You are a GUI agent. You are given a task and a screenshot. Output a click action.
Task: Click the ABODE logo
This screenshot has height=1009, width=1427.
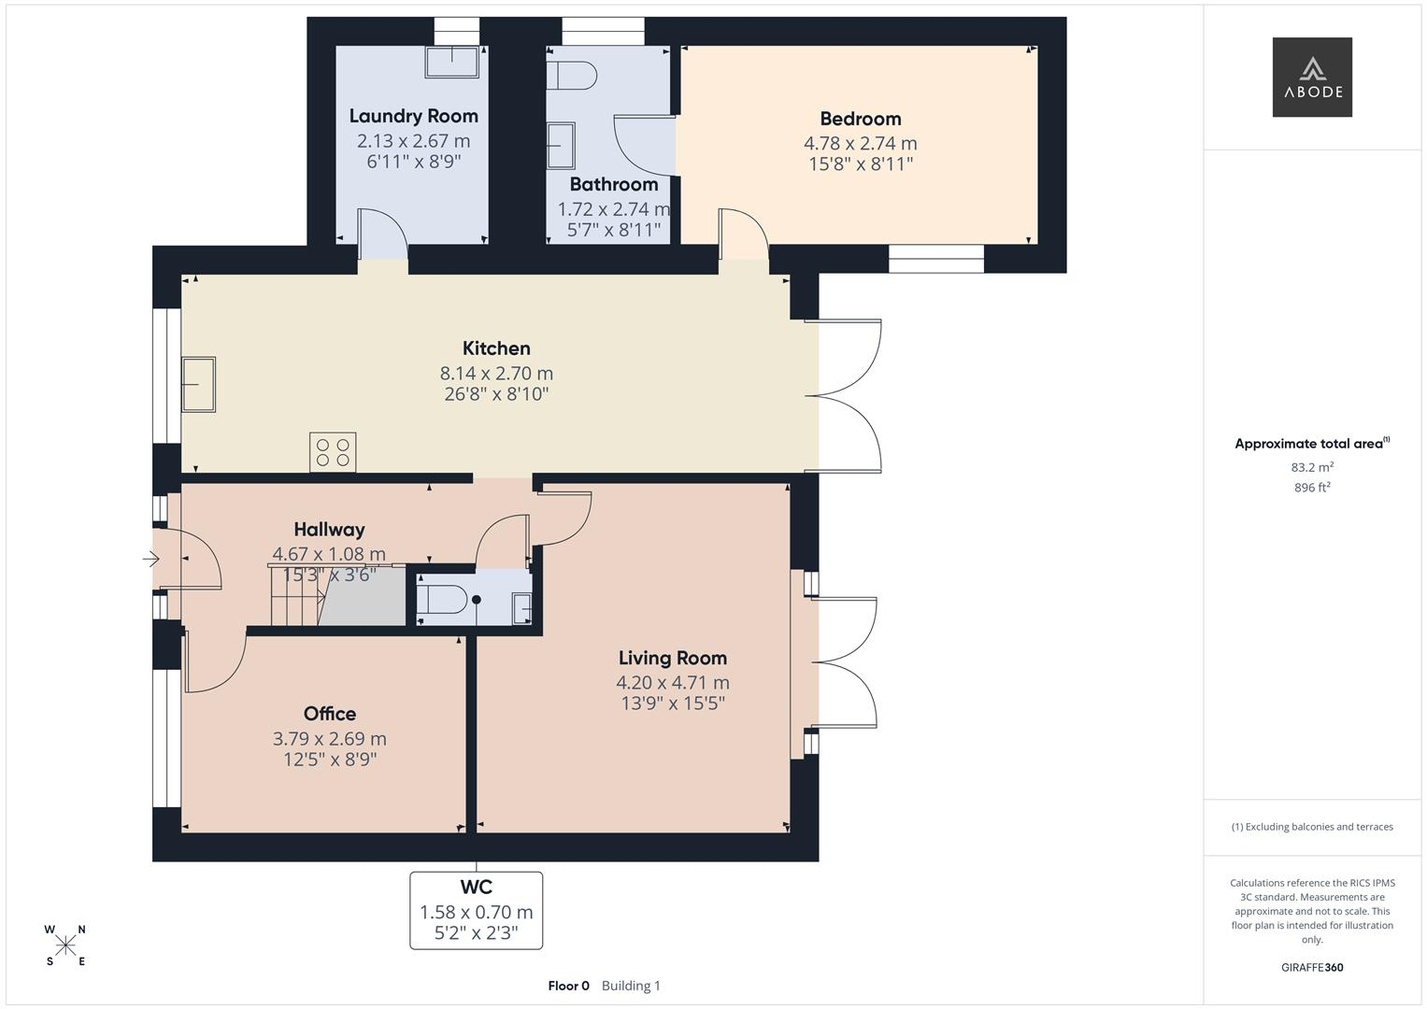1312,77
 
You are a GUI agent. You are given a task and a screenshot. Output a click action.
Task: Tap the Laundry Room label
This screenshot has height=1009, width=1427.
413,116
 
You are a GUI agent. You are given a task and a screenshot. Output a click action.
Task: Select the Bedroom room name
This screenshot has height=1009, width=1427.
861,119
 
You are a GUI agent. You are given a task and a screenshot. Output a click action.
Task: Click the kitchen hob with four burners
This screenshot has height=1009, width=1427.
333,452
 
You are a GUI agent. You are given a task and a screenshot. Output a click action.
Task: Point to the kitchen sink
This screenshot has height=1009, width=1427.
198,384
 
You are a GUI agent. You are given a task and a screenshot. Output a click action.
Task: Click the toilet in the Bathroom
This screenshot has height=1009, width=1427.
571,75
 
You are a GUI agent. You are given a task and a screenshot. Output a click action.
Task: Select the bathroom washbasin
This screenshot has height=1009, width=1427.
561,145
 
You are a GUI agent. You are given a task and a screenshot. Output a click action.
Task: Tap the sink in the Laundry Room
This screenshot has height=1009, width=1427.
451,63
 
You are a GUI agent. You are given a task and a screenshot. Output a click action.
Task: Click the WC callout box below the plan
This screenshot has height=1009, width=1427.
477,910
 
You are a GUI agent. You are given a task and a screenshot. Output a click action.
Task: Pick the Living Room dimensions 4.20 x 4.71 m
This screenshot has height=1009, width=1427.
673,682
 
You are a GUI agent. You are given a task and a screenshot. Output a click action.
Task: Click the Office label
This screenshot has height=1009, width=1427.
329,714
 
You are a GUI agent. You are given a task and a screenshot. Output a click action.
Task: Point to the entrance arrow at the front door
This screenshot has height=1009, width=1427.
151,559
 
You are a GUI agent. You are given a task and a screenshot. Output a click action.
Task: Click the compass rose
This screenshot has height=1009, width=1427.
65,945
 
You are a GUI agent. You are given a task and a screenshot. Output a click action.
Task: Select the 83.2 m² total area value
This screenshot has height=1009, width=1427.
1312,467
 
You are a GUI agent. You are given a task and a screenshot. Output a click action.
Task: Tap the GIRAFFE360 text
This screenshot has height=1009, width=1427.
1312,967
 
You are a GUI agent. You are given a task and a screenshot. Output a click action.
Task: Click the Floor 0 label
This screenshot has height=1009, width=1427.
569,986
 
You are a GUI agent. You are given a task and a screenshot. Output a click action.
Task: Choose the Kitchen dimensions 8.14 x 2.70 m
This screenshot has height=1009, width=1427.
496,373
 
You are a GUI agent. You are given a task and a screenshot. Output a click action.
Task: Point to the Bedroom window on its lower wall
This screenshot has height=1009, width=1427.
936,259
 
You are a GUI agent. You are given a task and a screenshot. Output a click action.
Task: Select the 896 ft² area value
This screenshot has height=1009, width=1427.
1312,488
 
